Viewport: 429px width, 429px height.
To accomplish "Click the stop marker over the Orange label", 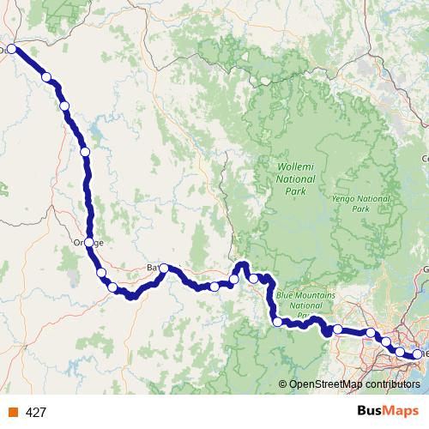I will (88, 243).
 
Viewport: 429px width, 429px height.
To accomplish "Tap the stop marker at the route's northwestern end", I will (12, 50).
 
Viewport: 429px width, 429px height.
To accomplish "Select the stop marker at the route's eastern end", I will (418, 353).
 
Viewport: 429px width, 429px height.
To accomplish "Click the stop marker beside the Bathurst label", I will (164, 269).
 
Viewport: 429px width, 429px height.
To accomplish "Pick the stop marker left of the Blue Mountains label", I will (277, 322).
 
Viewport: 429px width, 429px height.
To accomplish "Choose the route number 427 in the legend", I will (36, 412).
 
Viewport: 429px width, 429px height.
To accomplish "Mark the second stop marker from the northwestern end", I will (46, 77).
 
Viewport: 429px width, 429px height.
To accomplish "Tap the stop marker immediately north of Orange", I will (84, 152).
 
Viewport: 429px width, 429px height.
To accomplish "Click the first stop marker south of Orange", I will (101, 273).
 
